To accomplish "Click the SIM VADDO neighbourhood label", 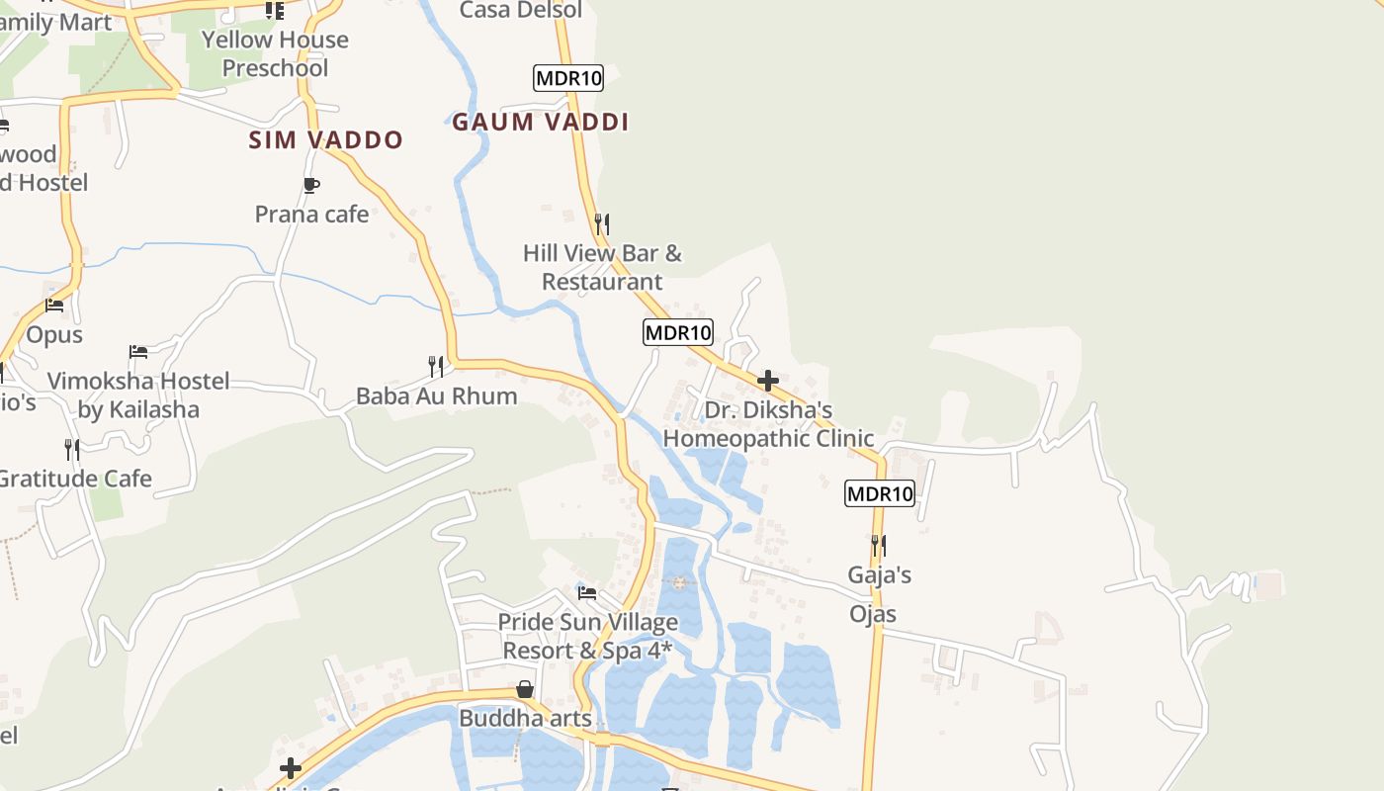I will [x=325, y=140].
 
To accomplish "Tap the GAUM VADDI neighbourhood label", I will [x=540, y=123].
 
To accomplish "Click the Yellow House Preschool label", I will [x=275, y=53].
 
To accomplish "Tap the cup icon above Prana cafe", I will [x=310, y=185].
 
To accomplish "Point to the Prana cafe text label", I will [x=311, y=214].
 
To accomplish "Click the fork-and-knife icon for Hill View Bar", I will [x=602, y=224].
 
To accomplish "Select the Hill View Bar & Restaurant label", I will [x=602, y=267].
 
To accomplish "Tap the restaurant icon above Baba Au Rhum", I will [x=436, y=367].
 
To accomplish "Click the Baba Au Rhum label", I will [x=436, y=395].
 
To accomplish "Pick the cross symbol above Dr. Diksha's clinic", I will [x=768, y=381].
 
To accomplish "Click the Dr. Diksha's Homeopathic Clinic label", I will [x=768, y=424].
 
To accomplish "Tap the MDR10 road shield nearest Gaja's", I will [x=880, y=493].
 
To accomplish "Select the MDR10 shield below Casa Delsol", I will [x=567, y=78].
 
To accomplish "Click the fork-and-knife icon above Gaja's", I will [x=879, y=545].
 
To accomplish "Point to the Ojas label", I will [x=873, y=614].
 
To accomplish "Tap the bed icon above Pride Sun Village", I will [x=587, y=593].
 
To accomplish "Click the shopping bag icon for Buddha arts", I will [x=525, y=689].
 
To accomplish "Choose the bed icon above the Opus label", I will [x=54, y=306].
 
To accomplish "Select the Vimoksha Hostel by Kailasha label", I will [x=138, y=395].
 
